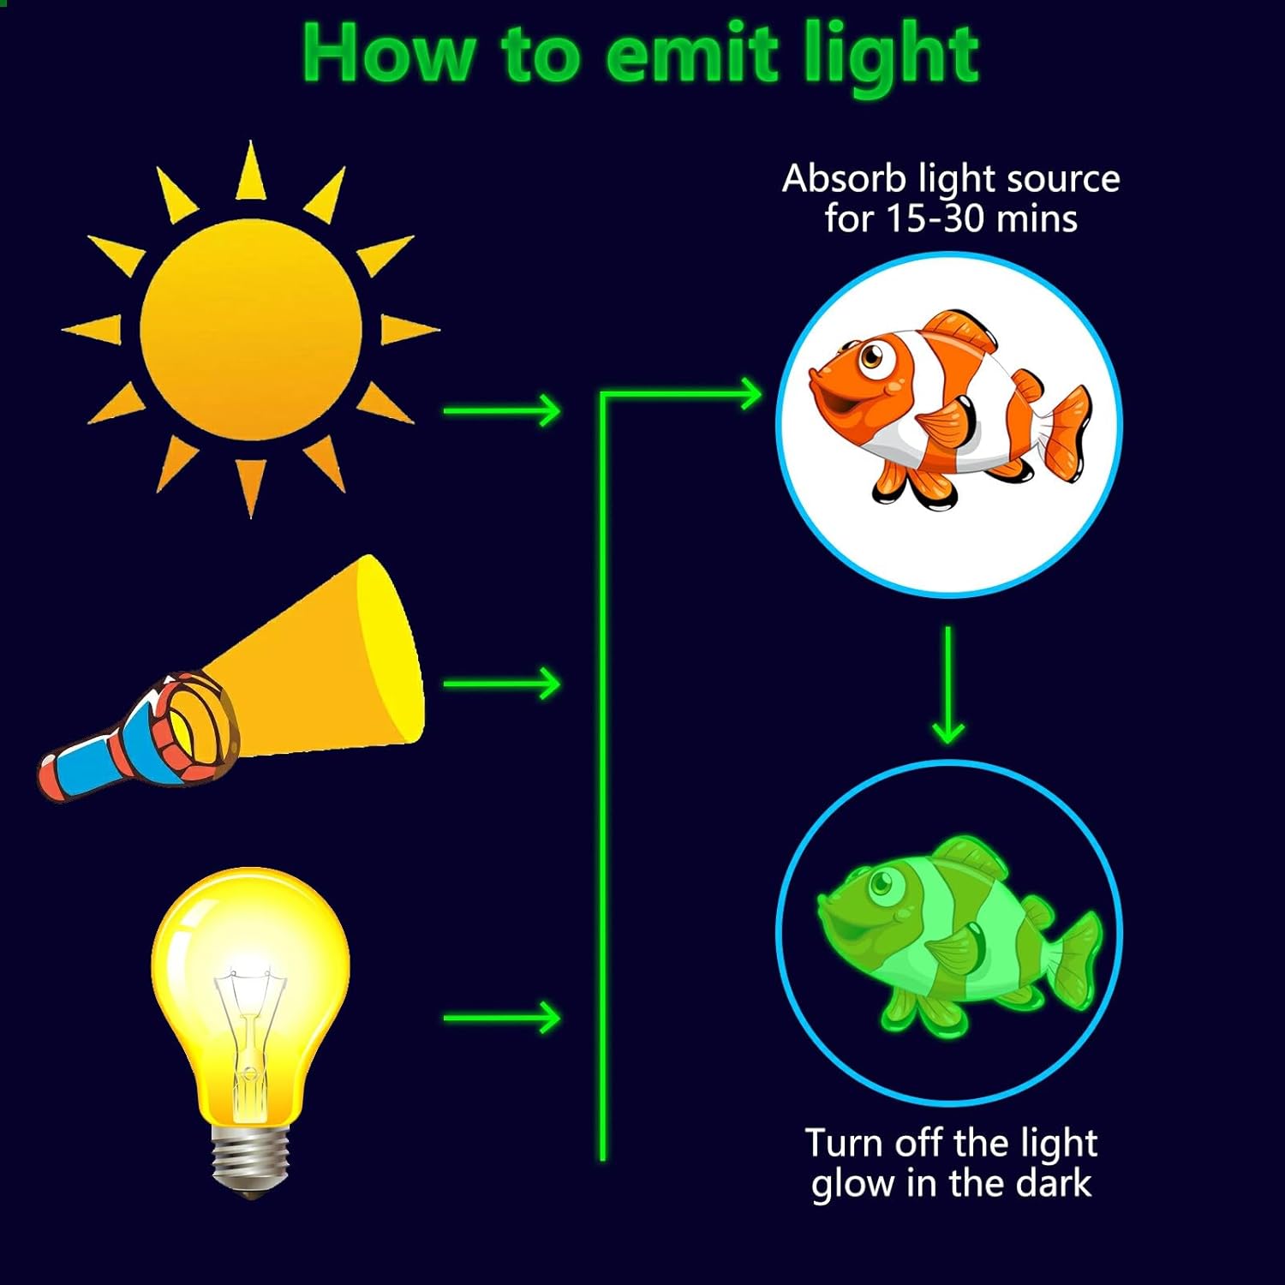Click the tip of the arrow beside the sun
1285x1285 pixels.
click(560, 411)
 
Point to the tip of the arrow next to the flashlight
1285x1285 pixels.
click(560, 684)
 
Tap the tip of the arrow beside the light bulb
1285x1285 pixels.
click(560, 1018)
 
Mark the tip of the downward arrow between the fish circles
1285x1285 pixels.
click(947, 743)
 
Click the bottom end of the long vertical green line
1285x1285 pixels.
click(603, 1160)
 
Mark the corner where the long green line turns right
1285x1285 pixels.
click(603, 395)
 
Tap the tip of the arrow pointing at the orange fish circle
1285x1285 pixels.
click(762, 395)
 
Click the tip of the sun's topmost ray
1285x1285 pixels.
click(250, 141)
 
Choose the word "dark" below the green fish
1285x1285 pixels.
click(1053, 1183)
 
